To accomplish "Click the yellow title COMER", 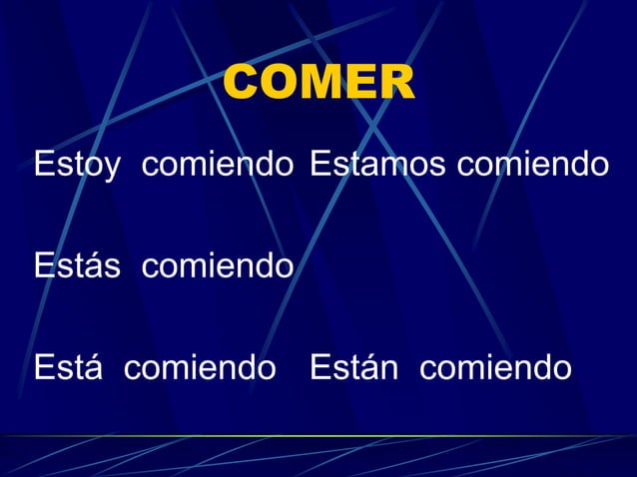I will pos(318,84).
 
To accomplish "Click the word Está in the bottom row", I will pos(70,368).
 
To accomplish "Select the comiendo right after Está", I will pos(200,368).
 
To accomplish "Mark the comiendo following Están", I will pos(495,368).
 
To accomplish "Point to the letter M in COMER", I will pos(319,84).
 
